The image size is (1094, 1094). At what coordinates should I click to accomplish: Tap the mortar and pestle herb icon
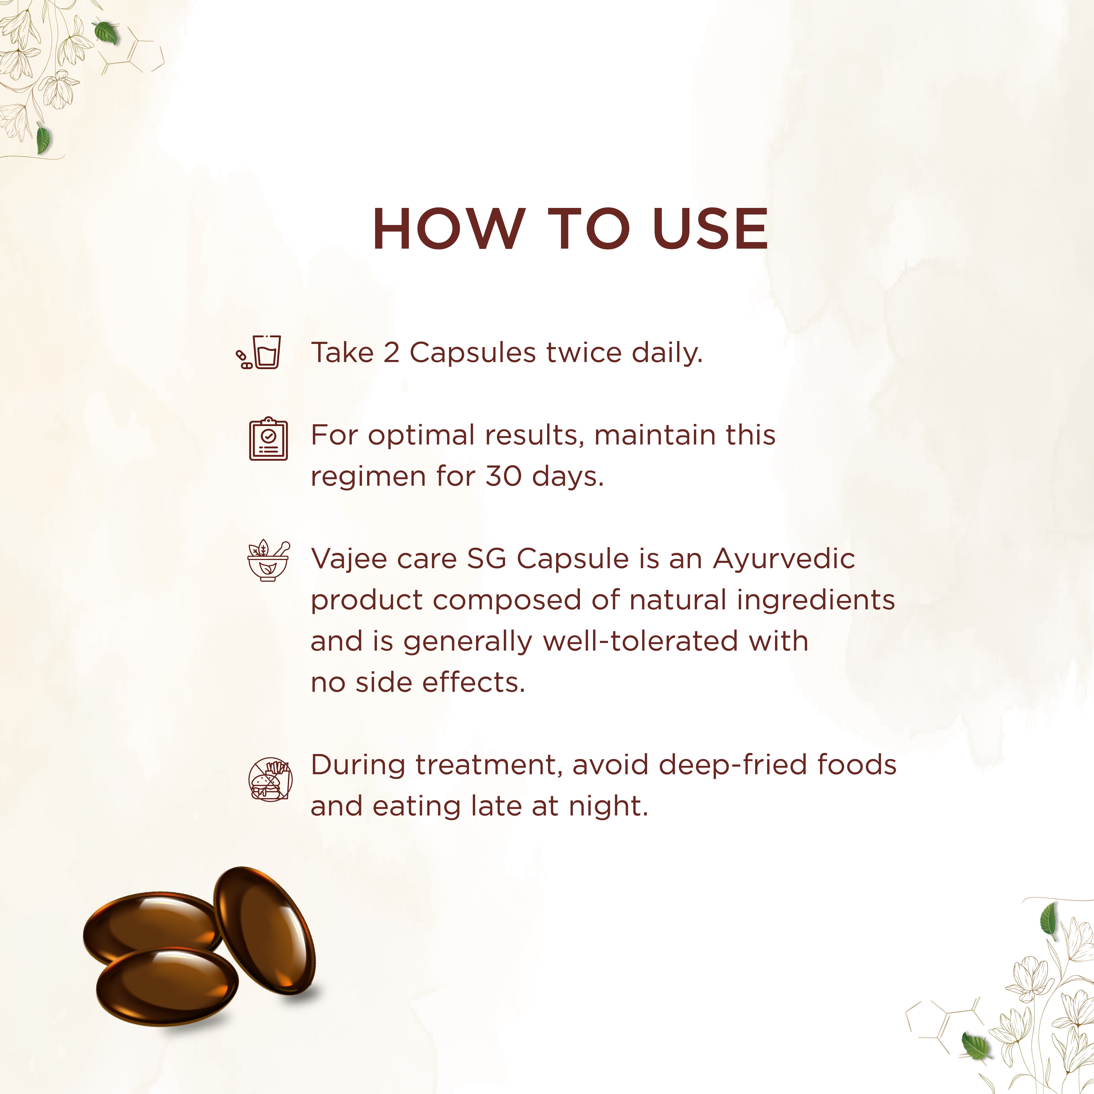click(x=268, y=561)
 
